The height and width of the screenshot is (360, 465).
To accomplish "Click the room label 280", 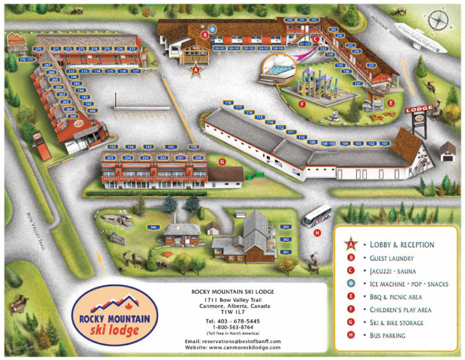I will point(153,227).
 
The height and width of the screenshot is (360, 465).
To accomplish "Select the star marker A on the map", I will point(196,70).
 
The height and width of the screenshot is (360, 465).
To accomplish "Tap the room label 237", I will point(371,65).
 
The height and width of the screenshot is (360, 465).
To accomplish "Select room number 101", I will point(384,144).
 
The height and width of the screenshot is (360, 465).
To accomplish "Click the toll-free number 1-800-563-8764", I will point(232,327).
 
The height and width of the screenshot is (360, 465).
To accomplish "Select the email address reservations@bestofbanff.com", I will point(232,341).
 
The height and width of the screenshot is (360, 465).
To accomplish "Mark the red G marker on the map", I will point(222,161).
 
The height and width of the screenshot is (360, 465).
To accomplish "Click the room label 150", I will point(194,147).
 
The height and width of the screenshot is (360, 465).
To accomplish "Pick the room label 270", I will point(38,49).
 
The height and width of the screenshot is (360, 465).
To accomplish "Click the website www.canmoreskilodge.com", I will point(232,347).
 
